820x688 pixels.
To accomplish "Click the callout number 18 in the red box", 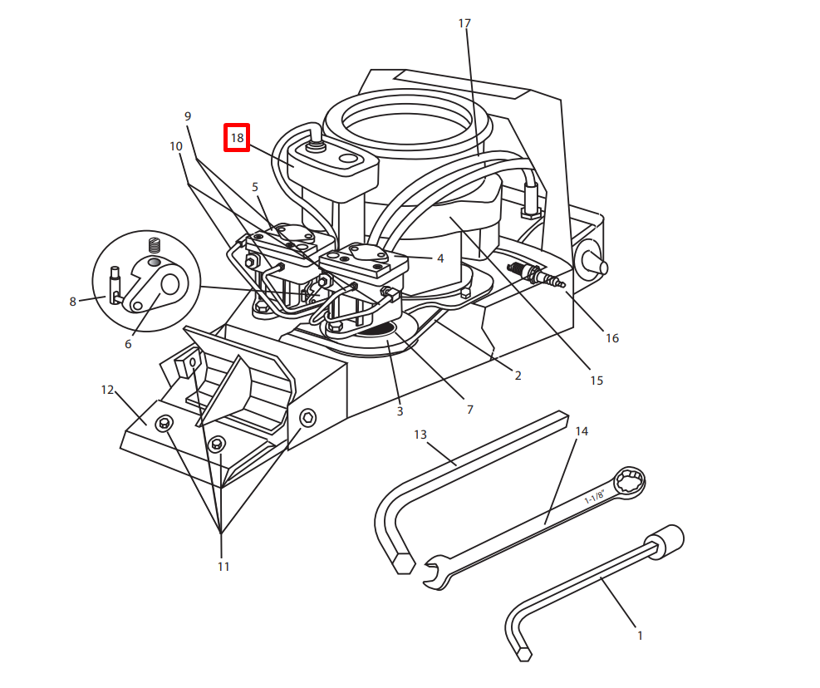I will (x=237, y=138).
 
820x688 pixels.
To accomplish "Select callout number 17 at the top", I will (x=464, y=23).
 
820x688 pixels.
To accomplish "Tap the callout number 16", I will (x=611, y=338).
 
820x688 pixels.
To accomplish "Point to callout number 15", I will (x=597, y=381).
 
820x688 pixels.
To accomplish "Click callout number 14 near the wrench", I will (x=582, y=431).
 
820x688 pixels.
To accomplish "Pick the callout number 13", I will (x=420, y=435).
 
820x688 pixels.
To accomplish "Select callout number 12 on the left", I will (x=107, y=389).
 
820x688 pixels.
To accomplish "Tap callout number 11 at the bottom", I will (x=223, y=567).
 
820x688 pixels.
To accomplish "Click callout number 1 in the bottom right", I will (x=640, y=636).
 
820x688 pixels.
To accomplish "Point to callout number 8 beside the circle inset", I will (x=72, y=302).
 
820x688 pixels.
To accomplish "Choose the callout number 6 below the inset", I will (x=128, y=344).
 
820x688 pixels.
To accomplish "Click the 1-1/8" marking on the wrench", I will (x=595, y=497).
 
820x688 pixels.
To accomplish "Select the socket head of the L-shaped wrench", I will (x=669, y=541).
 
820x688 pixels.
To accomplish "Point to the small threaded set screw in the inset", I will (x=153, y=245).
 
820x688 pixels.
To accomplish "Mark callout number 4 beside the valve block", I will (x=440, y=258).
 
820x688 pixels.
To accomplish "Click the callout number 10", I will (x=176, y=146).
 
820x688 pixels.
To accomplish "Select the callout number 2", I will (x=518, y=376).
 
